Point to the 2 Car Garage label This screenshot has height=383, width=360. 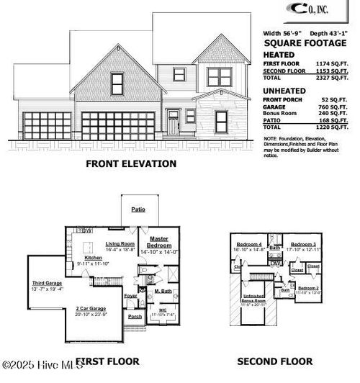(x=91, y=310)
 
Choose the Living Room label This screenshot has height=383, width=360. (x=120, y=244)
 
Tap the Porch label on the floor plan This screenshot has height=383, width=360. (x=135, y=316)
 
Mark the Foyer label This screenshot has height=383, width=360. (x=131, y=294)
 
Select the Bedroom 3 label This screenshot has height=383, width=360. (x=303, y=245)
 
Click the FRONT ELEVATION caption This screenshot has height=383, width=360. (x=131, y=163)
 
